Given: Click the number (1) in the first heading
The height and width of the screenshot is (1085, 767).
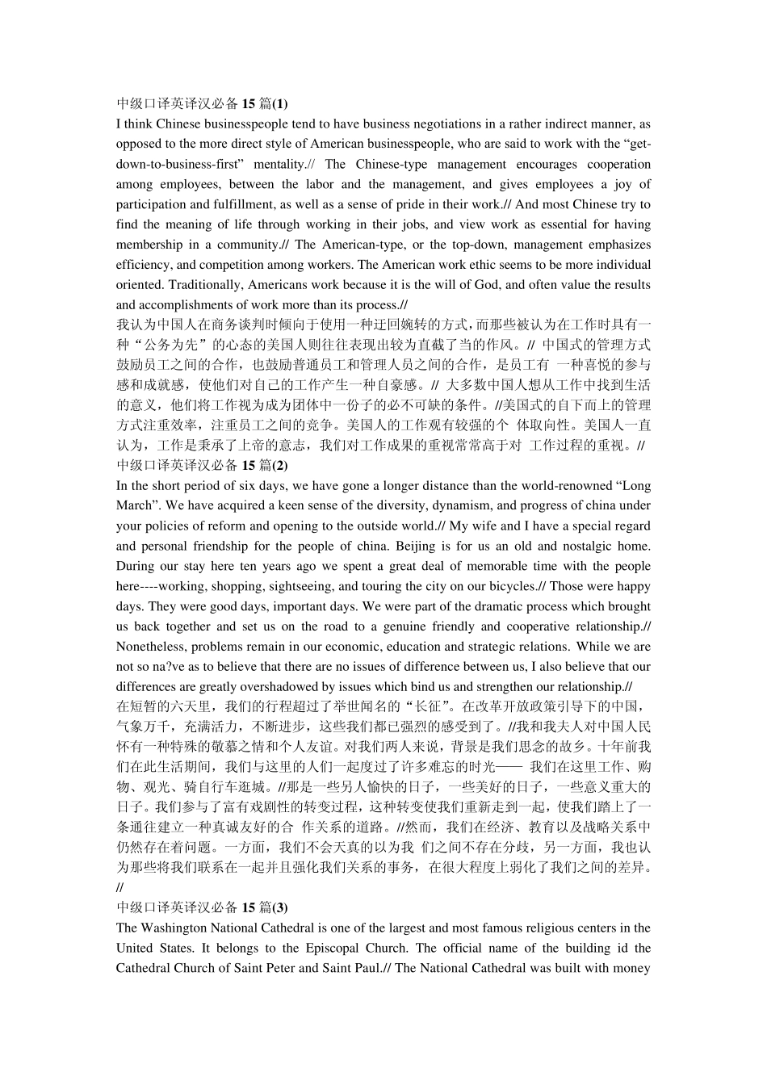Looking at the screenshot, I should pyautogui.click(x=280, y=103).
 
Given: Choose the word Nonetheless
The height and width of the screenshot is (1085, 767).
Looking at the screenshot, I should pyautogui.click(x=149, y=647).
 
